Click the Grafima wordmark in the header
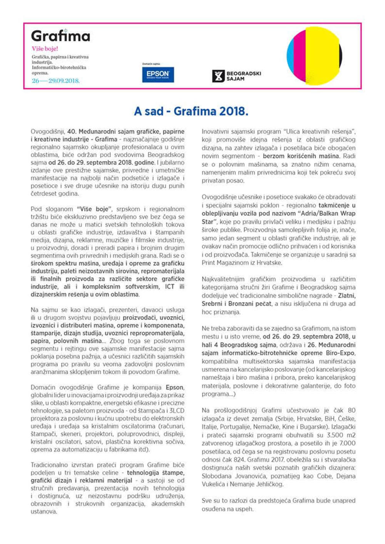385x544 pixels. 60,36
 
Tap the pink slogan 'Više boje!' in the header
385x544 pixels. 45,49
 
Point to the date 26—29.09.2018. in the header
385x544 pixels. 55,81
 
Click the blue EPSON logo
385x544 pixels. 158,74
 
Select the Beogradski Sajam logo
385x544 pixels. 237,76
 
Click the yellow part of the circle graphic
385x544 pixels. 321,56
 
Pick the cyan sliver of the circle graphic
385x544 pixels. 290,56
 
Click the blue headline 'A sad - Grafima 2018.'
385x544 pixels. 191,111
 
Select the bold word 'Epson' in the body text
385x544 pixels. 174,387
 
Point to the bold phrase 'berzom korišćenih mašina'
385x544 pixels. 301,156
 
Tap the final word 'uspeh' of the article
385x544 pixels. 244,509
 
